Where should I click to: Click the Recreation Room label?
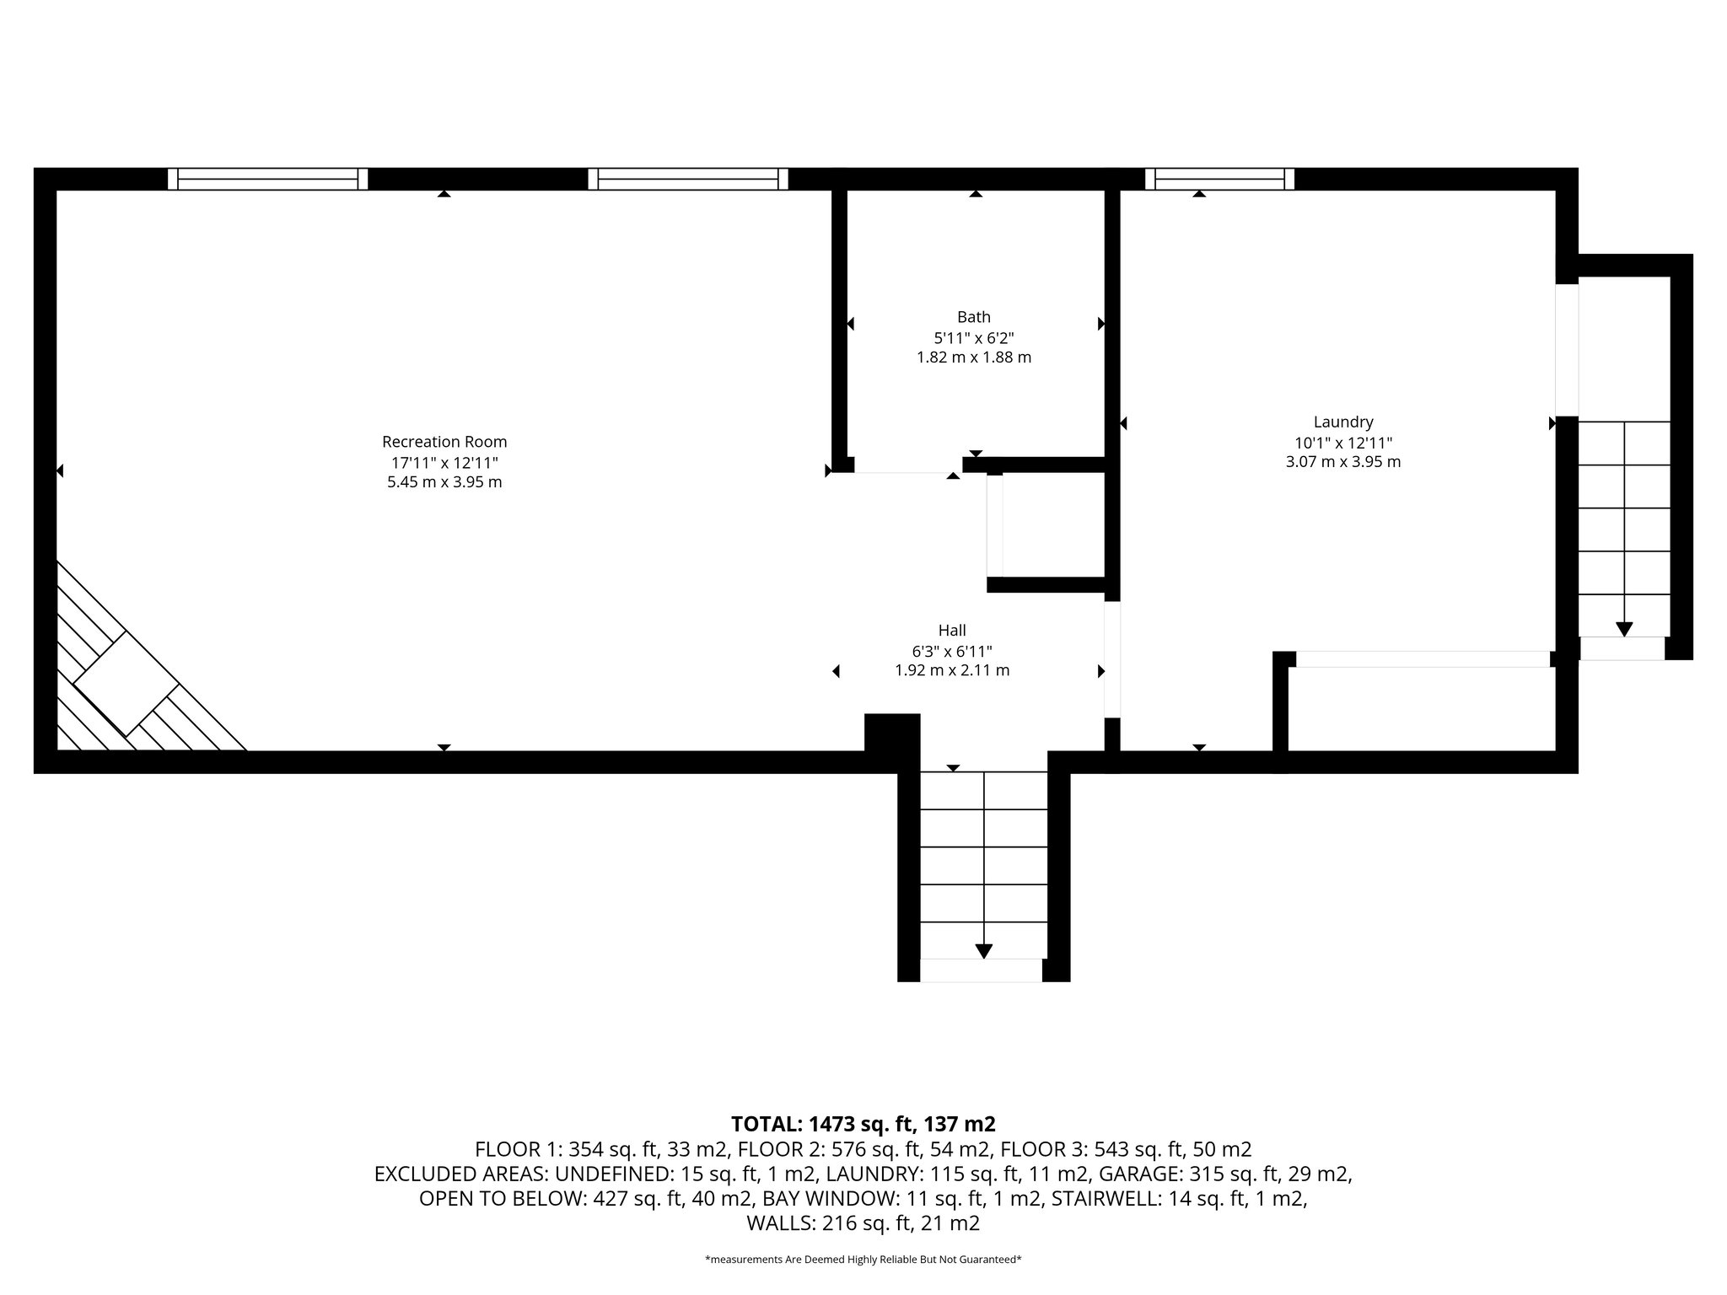[x=444, y=442]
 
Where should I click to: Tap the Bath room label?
[x=973, y=318]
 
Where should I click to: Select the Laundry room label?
[x=1342, y=422]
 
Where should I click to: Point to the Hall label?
[x=951, y=631]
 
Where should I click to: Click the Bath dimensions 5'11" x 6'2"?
[x=973, y=338]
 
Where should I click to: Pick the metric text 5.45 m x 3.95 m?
[x=444, y=482]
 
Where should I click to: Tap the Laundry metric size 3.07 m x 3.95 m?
[x=1342, y=462]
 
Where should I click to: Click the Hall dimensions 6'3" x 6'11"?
[x=951, y=651]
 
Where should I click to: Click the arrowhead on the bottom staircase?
[x=983, y=951]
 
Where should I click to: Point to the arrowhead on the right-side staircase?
[x=1623, y=629]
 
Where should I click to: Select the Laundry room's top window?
[x=1219, y=179]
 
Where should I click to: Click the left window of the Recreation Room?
[x=267, y=179]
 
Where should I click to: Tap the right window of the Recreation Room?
[x=687, y=179]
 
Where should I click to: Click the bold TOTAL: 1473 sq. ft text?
[x=863, y=1124]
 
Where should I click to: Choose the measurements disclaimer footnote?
[x=863, y=1260]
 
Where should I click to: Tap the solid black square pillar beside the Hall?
[x=892, y=732]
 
